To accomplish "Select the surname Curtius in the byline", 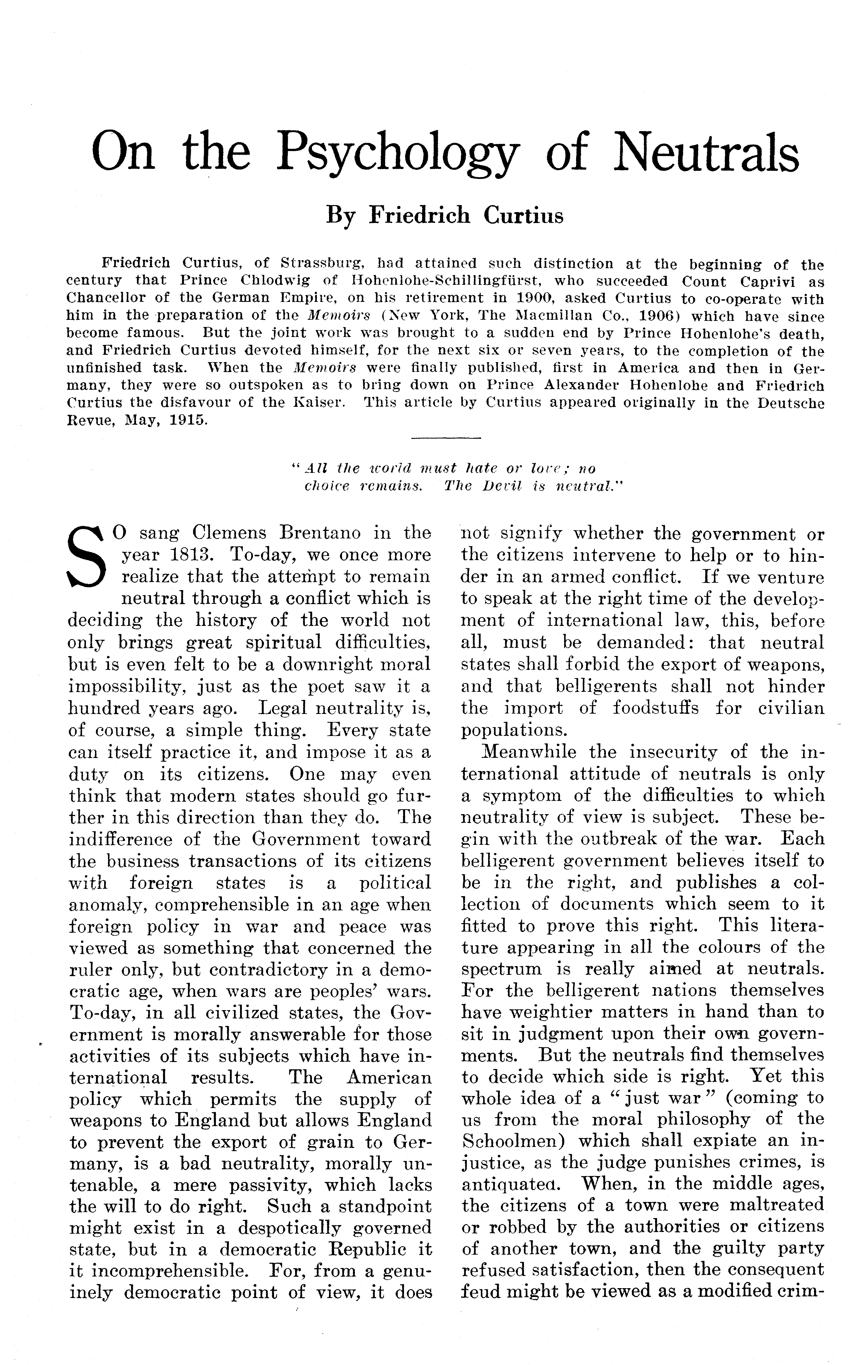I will (x=524, y=216).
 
